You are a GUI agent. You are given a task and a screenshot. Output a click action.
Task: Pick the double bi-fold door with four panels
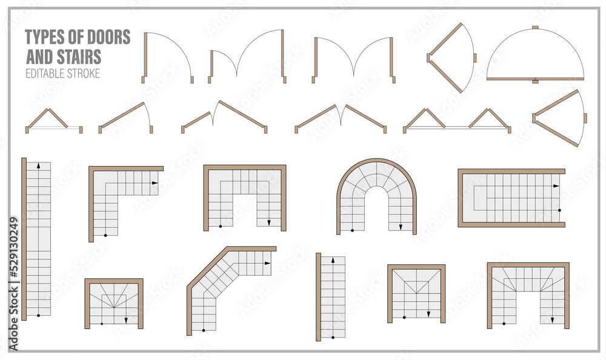(x=457, y=121)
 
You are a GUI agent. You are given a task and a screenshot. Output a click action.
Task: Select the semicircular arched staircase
(x=376, y=197)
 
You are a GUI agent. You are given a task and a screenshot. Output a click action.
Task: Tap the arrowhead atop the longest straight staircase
(x=38, y=165)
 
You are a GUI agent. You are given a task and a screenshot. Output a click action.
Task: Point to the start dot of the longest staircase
(x=38, y=315)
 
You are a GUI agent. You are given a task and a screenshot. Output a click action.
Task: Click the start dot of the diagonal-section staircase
(x=204, y=330)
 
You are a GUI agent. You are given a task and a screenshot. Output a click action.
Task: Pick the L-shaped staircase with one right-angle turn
(x=124, y=200)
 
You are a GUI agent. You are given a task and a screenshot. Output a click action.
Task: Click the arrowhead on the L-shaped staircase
(x=155, y=182)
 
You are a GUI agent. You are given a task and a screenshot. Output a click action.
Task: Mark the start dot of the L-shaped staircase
(x=105, y=234)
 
